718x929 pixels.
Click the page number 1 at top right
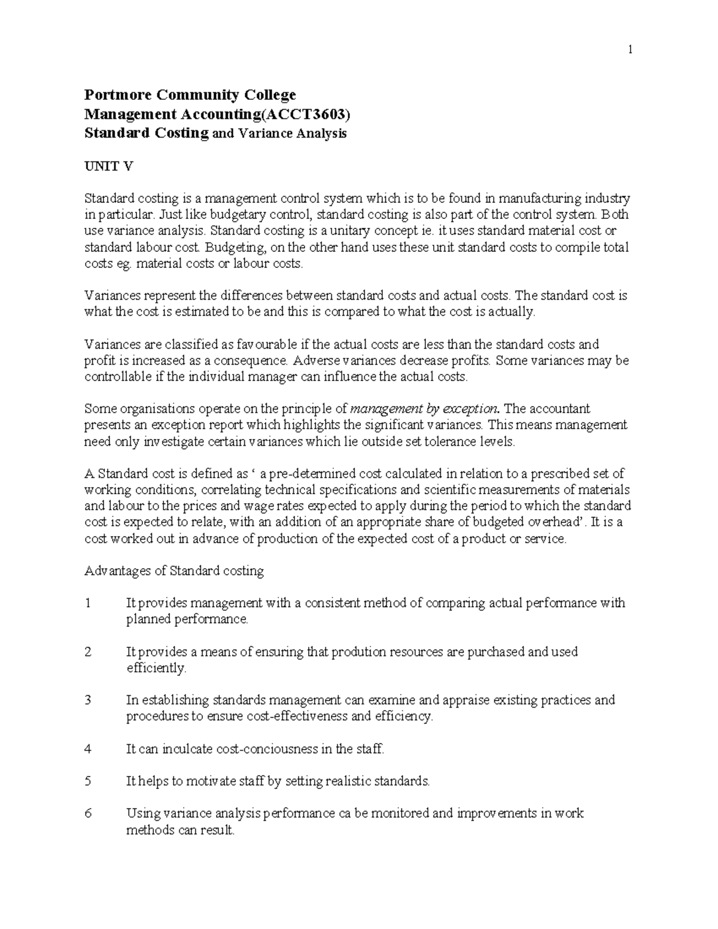point(630,50)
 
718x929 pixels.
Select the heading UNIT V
point(108,166)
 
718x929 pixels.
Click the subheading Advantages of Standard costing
point(174,571)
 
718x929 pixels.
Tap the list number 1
point(88,603)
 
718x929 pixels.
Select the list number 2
point(88,652)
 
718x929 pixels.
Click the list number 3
point(88,700)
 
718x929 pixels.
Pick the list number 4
point(88,749)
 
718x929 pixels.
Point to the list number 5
point(88,781)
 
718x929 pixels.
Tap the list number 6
point(88,814)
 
